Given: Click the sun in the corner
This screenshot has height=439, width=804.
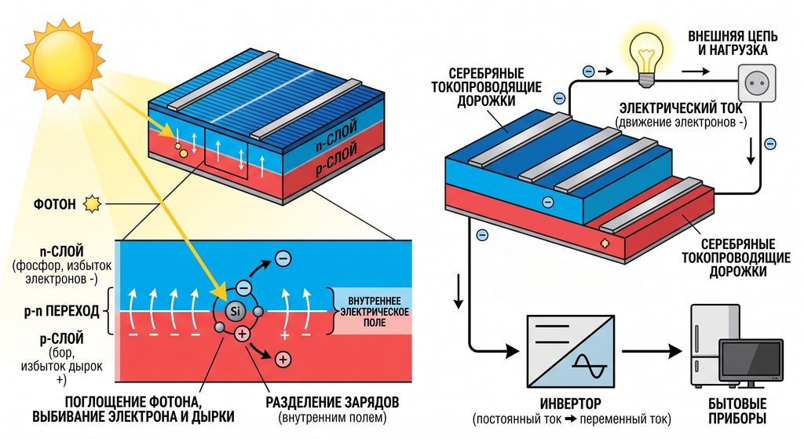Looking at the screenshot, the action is tap(63, 60).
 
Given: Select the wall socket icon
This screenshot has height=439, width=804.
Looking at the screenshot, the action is tap(756, 82).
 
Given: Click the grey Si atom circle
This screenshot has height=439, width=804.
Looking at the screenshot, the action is tap(235, 311).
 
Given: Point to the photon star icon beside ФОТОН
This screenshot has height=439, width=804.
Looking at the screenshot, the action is tap(93, 204).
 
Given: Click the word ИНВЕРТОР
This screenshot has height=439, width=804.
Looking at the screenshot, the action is tap(570, 404).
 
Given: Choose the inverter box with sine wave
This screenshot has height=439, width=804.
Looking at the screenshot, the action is tap(571, 351).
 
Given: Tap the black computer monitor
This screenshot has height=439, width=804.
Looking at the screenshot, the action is tap(751, 363).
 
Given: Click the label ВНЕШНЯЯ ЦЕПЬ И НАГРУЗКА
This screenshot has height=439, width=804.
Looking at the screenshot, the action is tap(733, 43).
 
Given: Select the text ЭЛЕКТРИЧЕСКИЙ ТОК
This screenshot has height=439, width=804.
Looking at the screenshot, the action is tap(681, 108).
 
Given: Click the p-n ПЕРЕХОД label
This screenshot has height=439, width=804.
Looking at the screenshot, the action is tap(61, 311).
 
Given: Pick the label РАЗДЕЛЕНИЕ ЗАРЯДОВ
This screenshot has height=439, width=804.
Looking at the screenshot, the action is tap(332, 402).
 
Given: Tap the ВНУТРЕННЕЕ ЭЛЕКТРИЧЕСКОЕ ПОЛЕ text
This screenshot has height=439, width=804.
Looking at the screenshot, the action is tap(375, 311).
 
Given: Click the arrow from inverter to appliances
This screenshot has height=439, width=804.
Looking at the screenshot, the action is tap(652, 352).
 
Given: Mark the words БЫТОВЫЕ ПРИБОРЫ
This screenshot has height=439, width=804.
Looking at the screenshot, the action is tap(737, 410).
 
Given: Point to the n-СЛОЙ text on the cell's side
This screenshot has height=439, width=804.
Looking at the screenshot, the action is tap(336, 137).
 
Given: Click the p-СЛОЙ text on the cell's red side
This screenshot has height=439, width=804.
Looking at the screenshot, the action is tap(336, 160).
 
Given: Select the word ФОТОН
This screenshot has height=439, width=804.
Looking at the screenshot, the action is tap(55, 205).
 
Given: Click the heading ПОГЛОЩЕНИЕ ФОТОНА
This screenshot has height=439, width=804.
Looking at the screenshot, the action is tap(131, 401).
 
